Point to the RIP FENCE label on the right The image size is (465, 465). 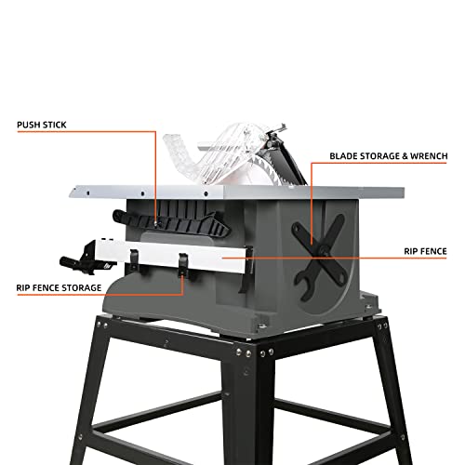(425, 250)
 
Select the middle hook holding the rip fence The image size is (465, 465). (183, 264)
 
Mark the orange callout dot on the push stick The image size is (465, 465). (154, 221)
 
